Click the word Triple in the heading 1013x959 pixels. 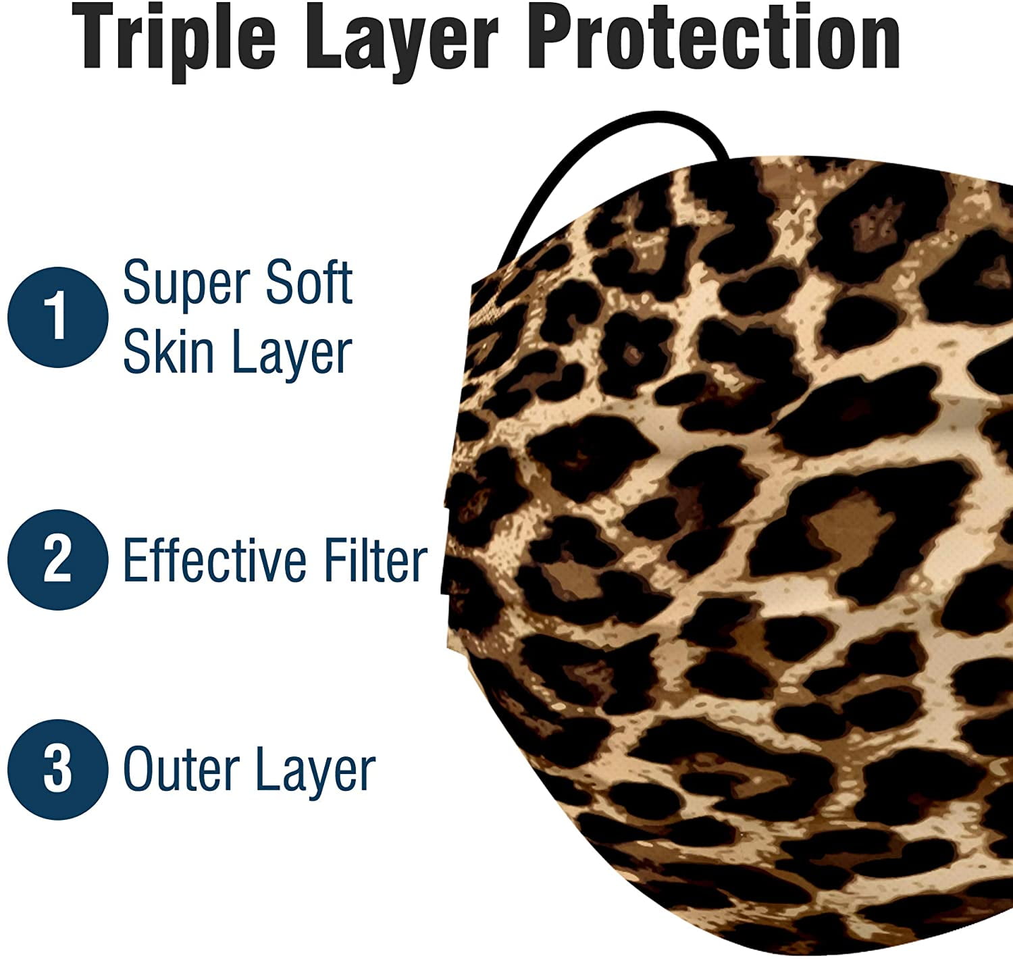pyautogui.click(x=174, y=41)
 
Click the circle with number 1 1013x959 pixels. pyautogui.click(x=58, y=317)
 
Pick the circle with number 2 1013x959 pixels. pyautogui.click(x=58, y=560)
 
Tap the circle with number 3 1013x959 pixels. pyautogui.click(x=58, y=769)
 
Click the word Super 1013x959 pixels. pyautogui.click(x=188, y=284)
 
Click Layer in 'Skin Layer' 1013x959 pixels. pyautogui.click(x=292, y=355)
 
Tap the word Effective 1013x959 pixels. pyautogui.click(x=215, y=560)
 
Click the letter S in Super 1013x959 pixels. pyautogui.click(x=136, y=282)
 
